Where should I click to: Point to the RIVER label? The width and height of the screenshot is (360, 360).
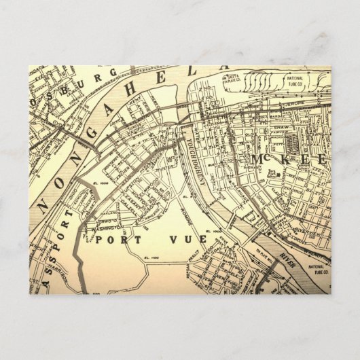[285, 255]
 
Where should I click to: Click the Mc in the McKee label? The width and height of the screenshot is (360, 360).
[261, 159]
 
